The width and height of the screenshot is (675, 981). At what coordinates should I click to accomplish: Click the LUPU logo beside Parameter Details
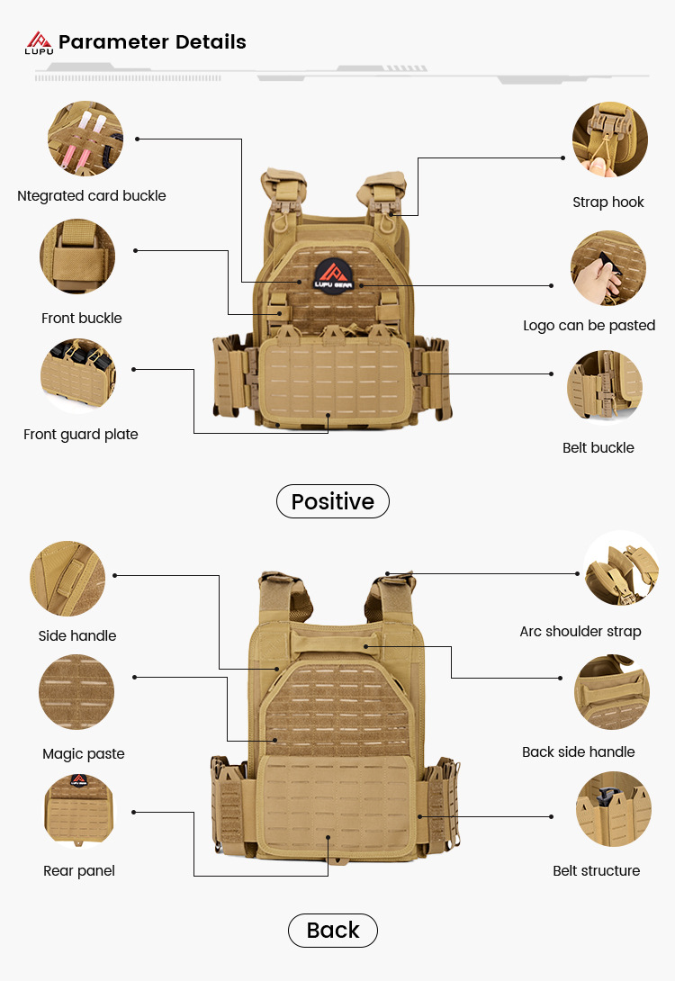39,42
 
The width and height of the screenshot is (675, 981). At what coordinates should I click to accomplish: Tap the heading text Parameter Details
152,41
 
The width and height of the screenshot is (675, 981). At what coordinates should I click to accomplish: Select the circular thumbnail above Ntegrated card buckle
85,139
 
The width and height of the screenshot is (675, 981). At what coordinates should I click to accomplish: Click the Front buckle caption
82,318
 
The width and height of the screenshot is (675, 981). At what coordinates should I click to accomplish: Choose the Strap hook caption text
608,202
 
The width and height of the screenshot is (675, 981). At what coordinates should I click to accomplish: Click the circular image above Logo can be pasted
607,268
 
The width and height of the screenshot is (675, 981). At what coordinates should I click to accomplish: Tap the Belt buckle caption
598,447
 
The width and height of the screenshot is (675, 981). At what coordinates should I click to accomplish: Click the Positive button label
332,501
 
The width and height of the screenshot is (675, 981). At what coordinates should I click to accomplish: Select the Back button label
333,930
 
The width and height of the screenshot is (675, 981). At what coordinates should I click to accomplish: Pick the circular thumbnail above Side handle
67,579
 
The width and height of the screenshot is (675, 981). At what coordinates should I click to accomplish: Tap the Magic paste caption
84,753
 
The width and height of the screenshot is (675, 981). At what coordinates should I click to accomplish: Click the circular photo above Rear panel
80,811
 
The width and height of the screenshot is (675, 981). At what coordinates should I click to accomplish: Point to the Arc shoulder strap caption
580,631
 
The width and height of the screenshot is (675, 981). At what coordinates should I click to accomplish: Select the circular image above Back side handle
612,691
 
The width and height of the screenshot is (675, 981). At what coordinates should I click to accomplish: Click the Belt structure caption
597,870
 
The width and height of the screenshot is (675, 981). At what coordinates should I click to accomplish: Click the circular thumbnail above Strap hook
609,139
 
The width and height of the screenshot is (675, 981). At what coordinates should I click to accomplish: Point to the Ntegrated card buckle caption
92,195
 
